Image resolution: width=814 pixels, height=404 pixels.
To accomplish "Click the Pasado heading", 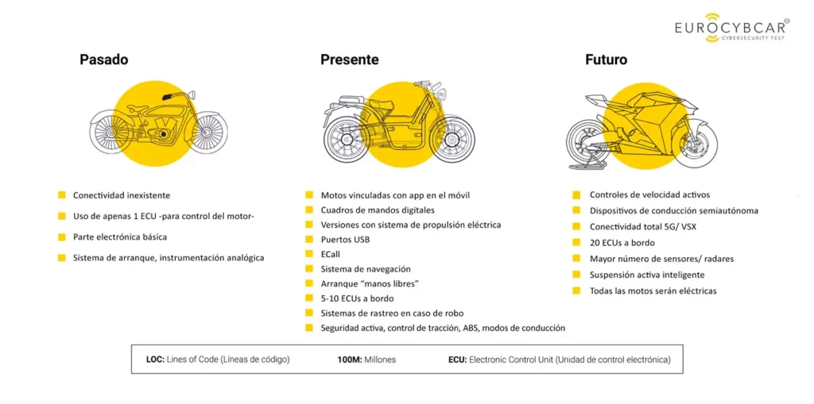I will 103,60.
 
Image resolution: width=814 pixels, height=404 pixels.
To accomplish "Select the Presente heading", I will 349,60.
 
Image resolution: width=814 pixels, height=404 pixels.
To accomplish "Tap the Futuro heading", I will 606,60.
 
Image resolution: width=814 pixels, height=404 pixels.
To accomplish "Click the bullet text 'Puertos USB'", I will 345,240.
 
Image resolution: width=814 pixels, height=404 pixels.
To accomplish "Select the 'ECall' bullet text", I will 331,254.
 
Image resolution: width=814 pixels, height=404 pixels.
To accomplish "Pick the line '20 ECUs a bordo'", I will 623,243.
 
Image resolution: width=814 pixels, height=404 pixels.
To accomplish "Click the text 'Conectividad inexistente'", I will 122,195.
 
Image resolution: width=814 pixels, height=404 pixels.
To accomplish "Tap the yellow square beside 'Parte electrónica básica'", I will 61,237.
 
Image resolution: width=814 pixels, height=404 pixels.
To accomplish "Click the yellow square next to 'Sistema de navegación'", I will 309,269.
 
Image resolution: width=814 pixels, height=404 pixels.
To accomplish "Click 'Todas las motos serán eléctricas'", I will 653,290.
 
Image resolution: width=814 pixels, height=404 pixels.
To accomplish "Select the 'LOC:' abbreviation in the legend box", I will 155,360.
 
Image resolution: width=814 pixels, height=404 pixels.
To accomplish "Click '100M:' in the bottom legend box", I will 350,360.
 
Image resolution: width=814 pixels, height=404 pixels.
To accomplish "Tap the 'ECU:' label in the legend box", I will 457,360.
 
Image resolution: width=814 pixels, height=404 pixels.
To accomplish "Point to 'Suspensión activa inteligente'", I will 646,275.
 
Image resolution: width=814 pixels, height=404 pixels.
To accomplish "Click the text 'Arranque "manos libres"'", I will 370,283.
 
